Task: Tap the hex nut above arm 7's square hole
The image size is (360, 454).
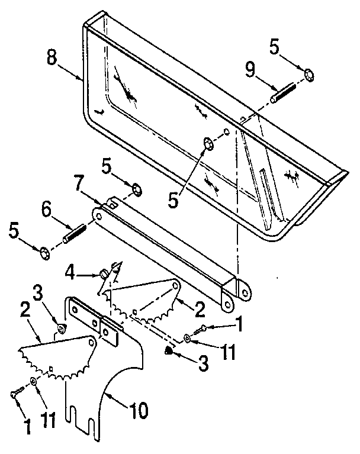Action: pos(136,189)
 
